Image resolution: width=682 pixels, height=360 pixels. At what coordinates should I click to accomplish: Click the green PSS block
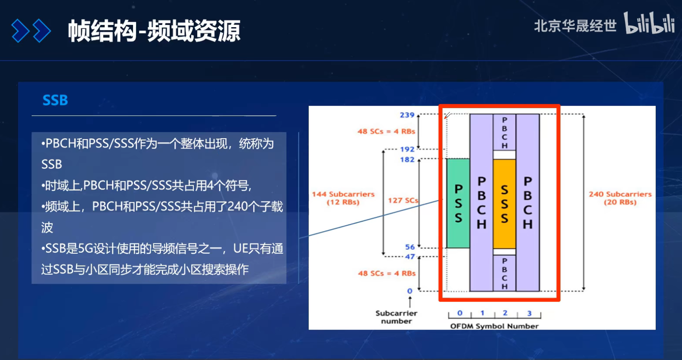(x=458, y=203)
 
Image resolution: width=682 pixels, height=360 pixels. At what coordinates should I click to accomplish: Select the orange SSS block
(x=504, y=204)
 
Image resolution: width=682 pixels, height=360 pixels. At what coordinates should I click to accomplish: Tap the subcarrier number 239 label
(x=407, y=115)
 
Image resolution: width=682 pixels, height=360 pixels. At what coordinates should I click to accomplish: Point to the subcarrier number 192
(x=407, y=149)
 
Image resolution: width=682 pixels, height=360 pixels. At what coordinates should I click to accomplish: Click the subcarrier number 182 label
(x=407, y=160)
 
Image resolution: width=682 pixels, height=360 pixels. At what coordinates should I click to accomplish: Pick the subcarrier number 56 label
(x=409, y=247)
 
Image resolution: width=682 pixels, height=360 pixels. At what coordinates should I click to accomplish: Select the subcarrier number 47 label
(x=409, y=257)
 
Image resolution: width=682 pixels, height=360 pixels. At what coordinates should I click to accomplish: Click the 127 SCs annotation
(x=403, y=200)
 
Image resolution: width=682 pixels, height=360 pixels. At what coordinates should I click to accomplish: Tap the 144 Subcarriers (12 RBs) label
(x=343, y=198)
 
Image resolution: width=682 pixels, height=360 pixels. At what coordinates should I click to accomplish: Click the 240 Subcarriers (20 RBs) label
(x=620, y=198)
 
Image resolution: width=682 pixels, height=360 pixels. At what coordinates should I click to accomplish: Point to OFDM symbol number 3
(x=529, y=313)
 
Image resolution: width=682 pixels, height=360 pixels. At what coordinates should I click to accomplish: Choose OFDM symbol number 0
(x=460, y=313)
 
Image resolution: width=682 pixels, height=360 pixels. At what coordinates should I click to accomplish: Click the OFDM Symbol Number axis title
(x=494, y=326)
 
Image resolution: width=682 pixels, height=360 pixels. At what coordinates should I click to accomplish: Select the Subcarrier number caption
(x=396, y=317)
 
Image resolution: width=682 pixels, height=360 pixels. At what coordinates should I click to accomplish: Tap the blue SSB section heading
(x=55, y=100)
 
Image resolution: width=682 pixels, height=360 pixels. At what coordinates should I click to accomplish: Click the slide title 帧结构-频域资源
(x=154, y=31)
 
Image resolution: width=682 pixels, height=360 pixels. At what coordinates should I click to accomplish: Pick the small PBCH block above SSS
(x=504, y=132)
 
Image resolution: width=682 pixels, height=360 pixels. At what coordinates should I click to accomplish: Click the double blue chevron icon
(x=31, y=31)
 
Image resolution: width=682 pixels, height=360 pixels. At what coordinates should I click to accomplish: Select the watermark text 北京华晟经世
(x=575, y=26)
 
